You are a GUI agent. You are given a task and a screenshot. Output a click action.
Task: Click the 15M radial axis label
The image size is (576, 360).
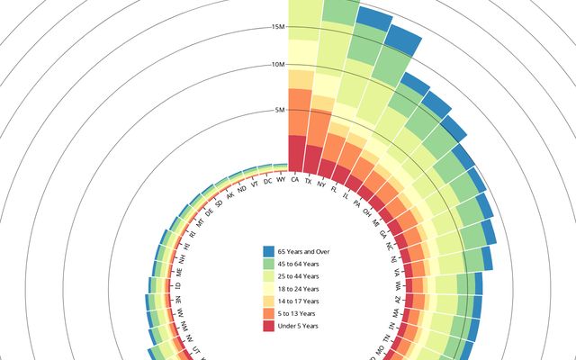278,27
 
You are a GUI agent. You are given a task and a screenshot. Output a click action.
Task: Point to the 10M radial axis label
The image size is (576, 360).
278,65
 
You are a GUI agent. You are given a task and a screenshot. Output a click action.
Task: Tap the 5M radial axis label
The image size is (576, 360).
280,111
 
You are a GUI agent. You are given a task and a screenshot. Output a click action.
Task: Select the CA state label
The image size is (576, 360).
295,180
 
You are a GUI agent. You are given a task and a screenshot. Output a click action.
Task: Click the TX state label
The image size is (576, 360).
309,181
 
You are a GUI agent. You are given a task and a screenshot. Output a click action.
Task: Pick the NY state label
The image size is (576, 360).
321,184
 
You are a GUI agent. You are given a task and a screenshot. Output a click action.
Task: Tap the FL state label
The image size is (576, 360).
335,190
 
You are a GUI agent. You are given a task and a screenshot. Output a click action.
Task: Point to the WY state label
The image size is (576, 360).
282,180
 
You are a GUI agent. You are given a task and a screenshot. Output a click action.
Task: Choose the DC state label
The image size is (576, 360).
268,182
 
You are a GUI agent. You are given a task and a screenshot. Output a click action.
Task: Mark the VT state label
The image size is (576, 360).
256,185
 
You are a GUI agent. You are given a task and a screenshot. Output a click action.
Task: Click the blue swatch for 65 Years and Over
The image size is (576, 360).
268,250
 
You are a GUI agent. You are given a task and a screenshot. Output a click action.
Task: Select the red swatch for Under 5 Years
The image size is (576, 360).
268,326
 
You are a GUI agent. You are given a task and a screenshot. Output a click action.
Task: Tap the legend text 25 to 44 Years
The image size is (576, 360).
299,275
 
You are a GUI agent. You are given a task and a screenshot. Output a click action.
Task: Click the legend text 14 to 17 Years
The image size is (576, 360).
299,301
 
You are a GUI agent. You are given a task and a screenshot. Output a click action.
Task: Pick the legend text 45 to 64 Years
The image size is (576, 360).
299,263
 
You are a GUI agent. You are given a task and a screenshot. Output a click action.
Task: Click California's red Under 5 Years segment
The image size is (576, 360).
296,151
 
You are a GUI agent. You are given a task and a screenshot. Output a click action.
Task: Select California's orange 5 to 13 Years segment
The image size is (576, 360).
300,112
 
